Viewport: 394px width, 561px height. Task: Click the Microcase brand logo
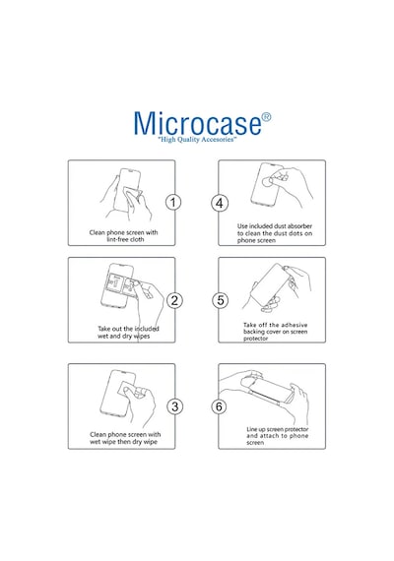pyautogui.click(x=198, y=123)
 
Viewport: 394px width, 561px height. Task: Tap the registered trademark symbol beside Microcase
pyautogui.click(x=266, y=117)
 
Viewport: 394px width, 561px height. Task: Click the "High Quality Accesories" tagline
pyautogui.click(x=197, y=139)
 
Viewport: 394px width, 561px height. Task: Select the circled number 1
pyautogui.click(x=173, y=203)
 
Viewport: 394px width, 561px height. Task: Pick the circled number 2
pyautogui.click(x=174, y=300)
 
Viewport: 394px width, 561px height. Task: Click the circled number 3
pyautogui.click(x=174, y=406)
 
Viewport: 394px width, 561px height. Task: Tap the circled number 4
pyautogui.click(x=220, y=203)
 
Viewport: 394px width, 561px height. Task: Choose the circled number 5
pyautogui.click(x=220, y=300)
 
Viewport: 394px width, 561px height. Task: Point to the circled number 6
pyautogui.click(x=219, y=406)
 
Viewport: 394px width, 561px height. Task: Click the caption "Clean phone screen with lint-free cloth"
pyautogui.click(x=123, y=236)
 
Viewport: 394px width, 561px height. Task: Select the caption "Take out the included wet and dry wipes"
pyautogui.click(x=128, y=333)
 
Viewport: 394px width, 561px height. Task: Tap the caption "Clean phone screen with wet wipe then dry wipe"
pyautogui.click(x=125, y=438)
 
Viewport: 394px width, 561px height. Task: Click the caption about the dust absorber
pyautogui.click(x=275, y=233)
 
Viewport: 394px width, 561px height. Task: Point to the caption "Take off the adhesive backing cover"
pyautogui.click(x=275, y=332)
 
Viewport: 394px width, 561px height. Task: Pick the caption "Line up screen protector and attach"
pyautogui.click(x=277, y=436)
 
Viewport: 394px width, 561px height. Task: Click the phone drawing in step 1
pyautogui.click(x=127, y=190)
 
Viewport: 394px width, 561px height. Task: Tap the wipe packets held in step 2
pyautogui.click(x=123, y=283)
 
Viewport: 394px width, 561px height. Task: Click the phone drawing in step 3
pyautogui.click(x=117, y=394)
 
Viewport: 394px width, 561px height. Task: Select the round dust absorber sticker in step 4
pyautogui.click(x=267, y=182)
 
